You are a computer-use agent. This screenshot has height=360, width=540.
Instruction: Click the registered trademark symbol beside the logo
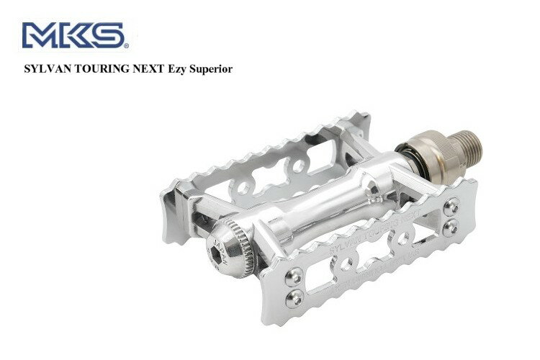[x=125, y=46]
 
